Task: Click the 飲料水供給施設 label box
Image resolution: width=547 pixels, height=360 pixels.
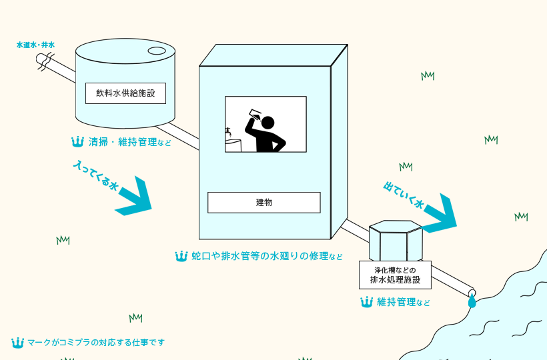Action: click(x=125, y=93)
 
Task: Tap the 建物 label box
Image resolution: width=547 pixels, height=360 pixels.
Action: click(x=263, y=203)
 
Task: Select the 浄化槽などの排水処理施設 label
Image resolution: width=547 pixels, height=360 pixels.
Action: click(x=395, y=275)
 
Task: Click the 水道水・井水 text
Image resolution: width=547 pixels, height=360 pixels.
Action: click(x=35, y=45)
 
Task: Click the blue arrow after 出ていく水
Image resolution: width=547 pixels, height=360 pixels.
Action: click(x=440, y=215)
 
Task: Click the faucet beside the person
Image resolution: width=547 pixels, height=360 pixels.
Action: click(x=228, y=131)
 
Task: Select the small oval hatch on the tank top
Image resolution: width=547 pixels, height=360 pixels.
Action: click(x=157, y=51)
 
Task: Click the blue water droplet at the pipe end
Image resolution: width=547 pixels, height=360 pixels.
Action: click(x=472, y=301)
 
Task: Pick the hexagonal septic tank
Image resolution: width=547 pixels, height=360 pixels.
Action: click(x=396, y=241)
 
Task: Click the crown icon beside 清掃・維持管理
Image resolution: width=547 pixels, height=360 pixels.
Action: click(x=77, y=142)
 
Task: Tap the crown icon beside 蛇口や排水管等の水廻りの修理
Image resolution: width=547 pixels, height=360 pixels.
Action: click(x=181, y=256)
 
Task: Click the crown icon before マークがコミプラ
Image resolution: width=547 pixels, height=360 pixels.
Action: click(x=17, y=343)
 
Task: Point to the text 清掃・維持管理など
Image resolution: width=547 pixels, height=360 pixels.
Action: click(x=130, y=142)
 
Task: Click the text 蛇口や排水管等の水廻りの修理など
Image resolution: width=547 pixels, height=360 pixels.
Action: click(x=267, y=256)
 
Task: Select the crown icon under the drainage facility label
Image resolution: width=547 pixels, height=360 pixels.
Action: click(x=366, y=302)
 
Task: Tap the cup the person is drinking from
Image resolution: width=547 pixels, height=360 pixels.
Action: click(x=255, y=115)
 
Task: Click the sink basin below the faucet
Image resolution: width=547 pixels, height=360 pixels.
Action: click(x=233, y=145)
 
